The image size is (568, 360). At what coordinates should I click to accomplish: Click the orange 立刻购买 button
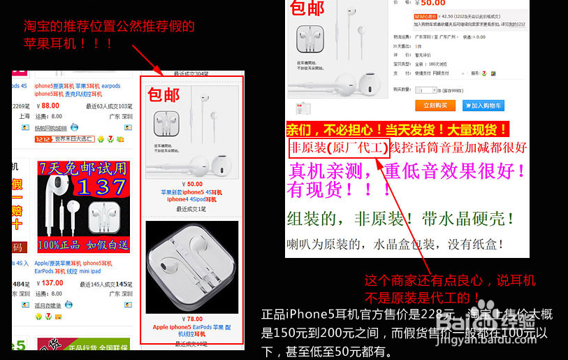[x=435, y=106]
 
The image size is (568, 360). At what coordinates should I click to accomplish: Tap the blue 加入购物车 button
[x=483, y=106]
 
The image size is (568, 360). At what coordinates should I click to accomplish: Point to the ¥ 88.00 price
[x=48, y=106]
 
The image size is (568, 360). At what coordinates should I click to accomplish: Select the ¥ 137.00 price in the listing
[x=51, y=283]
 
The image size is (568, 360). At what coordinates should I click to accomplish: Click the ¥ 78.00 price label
[x=192, y=319]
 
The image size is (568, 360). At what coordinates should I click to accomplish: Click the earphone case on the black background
[x=192, y=268]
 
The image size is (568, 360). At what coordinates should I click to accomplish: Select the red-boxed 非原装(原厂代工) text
[x=337, y=147]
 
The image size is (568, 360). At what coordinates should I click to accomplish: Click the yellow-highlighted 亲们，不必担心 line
[x=397, y=129]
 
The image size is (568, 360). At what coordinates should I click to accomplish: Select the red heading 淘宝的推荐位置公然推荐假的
[x=108, y=27]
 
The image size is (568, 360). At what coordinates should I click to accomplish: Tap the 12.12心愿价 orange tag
[x=425, y=15]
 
